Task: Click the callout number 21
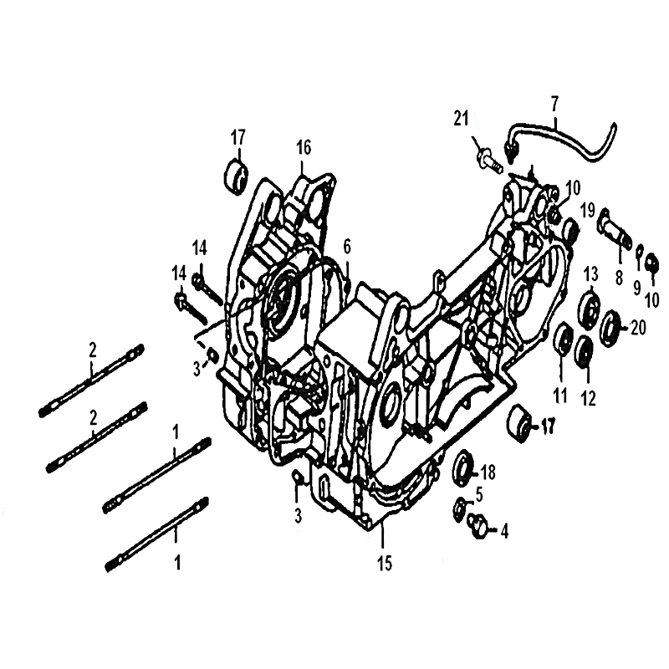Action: pos(461,118)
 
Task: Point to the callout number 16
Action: pos(304,148)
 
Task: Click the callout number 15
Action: pos(385,564)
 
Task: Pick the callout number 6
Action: pos(347,246)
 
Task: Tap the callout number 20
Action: pos(638,328)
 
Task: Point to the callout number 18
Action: pos(488,472)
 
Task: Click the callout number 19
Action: pos(588,210)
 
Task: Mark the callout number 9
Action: pos(637,289)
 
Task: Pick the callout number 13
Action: pos(591,274)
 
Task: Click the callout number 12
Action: pos(589,399)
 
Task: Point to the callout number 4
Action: pos(504,532)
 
